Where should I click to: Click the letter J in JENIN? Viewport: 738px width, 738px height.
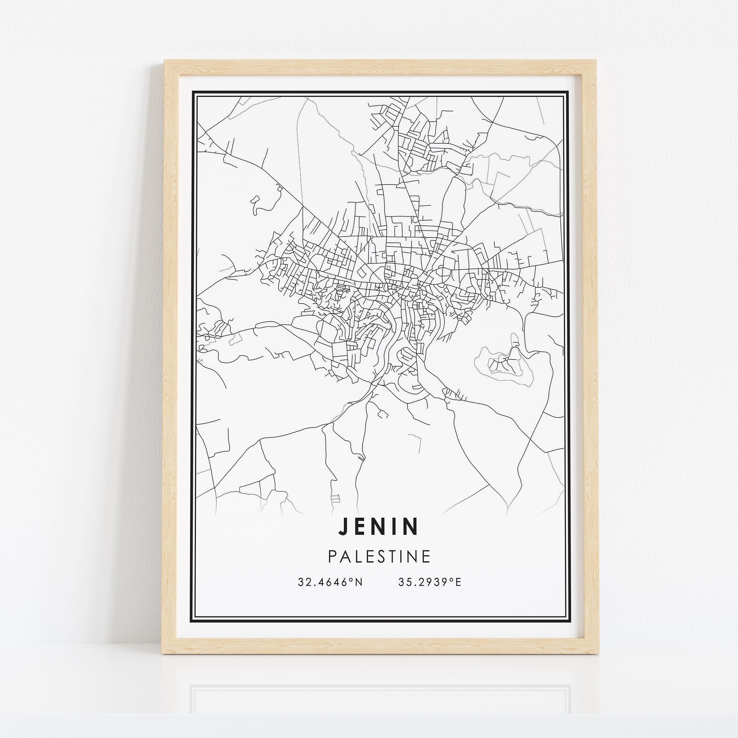click(x=343, y=526)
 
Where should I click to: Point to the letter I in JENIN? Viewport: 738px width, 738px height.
click(x=397, y=526)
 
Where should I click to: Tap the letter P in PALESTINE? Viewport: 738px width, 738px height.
click(x=332, y=556)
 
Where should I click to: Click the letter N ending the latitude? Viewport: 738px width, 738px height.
click(x=358, y=582)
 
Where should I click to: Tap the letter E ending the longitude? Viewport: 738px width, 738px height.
click(x=458, y=582)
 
